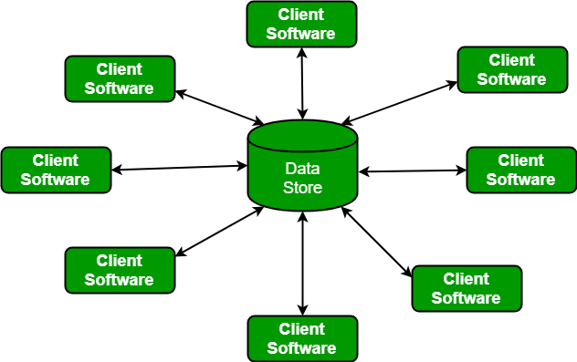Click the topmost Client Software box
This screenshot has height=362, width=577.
click(301, 24)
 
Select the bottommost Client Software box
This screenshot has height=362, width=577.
click(301, 338)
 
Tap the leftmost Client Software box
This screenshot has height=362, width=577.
click(56, 170)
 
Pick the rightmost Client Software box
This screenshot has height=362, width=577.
click(520, 170)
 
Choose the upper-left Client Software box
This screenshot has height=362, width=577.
click(119, 78)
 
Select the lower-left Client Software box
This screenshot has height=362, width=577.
click(119, 270)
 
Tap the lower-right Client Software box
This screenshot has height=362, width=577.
click(466, 288)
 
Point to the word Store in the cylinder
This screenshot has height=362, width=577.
click(301, 187)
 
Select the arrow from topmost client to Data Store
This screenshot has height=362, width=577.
click(301, 83)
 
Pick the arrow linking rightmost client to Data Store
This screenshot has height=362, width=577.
click(412, 171)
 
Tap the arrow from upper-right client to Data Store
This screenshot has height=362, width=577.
click(399, 102)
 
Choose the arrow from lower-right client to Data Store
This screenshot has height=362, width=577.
click(377, 241)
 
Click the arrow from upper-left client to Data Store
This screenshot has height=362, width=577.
click(219, 109)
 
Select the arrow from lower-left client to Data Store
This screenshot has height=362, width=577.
click(219, 231)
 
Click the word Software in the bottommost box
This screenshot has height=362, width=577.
click(301, 347)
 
